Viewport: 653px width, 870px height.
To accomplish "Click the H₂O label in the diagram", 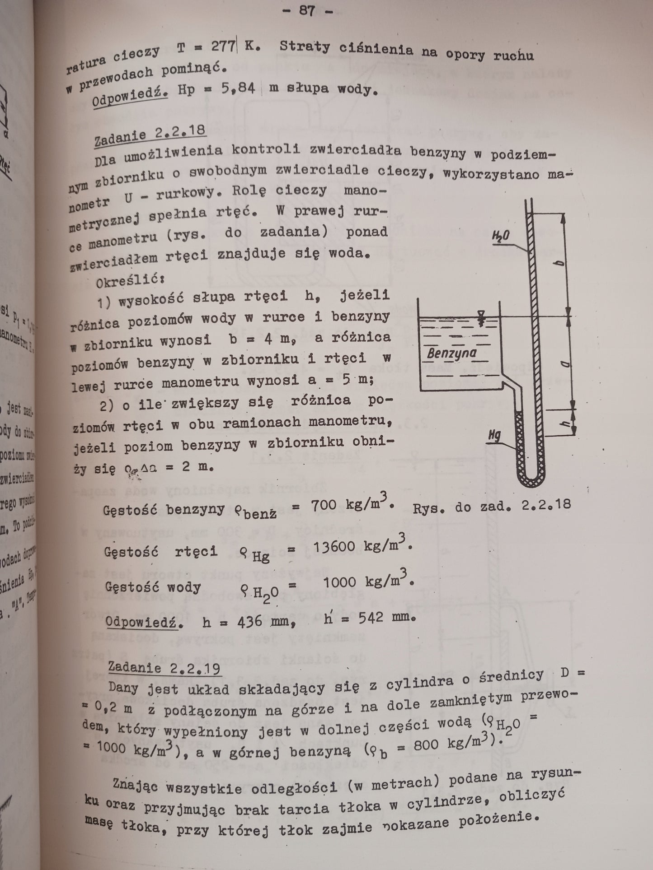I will tap(501, 235).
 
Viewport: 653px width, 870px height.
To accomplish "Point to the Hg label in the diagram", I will tap(498, 435).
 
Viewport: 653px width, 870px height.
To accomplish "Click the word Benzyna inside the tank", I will tap(452, 353).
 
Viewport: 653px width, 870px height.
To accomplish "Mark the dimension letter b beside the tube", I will tap(559, 265).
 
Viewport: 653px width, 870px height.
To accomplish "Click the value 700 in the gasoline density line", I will tap(324, 505).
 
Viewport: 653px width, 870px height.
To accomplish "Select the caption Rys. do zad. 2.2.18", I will tap(492, 506).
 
